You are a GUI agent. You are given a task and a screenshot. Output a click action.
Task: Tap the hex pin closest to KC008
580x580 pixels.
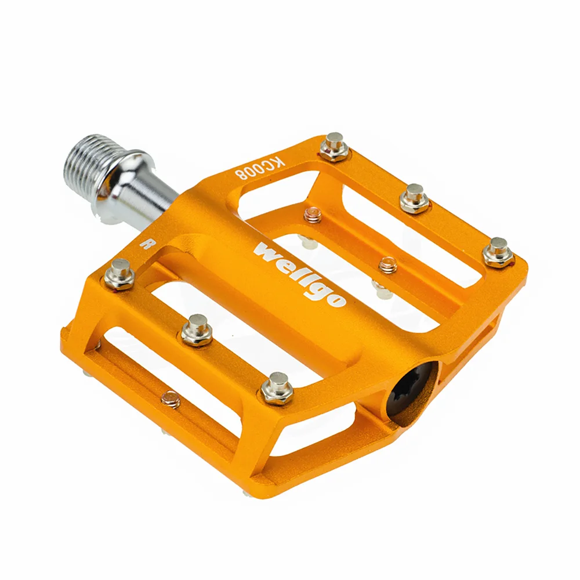[x=335, y=146]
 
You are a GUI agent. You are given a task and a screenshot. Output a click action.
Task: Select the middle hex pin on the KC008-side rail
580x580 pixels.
[x=415, y=198]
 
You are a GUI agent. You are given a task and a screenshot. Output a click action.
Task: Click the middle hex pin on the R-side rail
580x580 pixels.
[x=197, y=329]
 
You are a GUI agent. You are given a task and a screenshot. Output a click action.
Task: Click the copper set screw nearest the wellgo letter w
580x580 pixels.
[x=313, y=215]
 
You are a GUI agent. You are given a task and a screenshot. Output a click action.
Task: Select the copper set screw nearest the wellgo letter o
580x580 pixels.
[x=387, y=265]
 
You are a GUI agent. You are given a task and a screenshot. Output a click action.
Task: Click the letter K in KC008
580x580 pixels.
[x=277, y=161]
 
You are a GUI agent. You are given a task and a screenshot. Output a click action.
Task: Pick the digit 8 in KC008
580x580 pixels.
[x=240, y=172]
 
